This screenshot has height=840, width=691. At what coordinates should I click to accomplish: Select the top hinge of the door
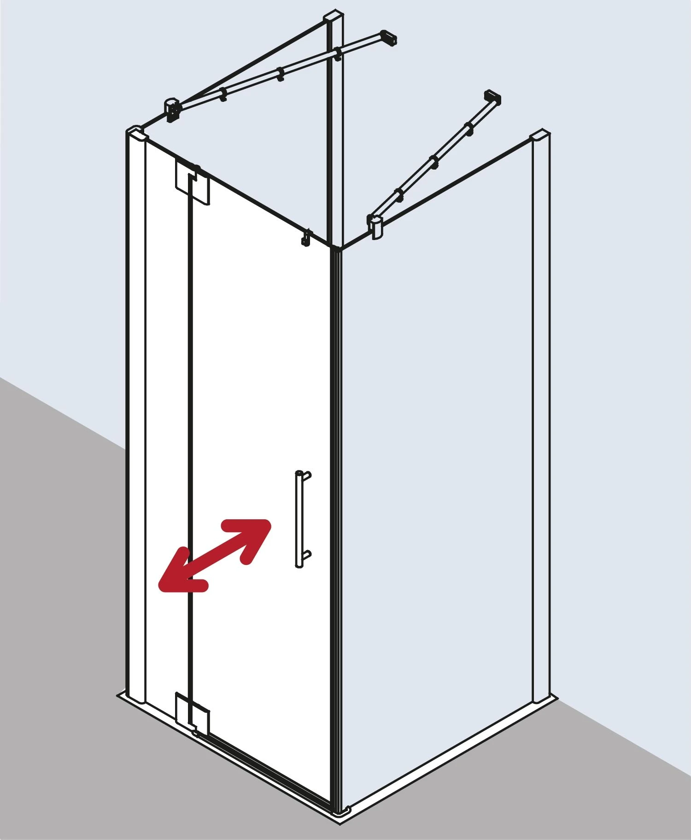[x=193, y=182]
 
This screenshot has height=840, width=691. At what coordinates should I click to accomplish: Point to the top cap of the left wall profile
[x=136, y=132]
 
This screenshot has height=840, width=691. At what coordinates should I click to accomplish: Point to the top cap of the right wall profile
[x=540, y=137]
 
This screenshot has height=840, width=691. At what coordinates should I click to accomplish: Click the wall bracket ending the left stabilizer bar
[x=389, y=38]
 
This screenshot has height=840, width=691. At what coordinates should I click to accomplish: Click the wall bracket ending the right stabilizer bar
[x=492, y=98]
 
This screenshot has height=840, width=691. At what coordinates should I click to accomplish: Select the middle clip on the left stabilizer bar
[x=280, y=74]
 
